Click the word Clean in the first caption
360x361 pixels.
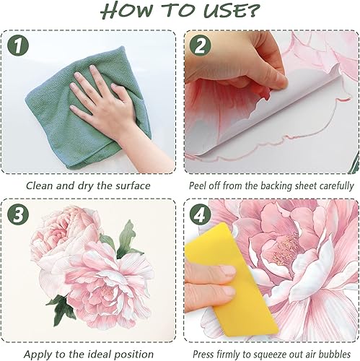[x=40, y=186]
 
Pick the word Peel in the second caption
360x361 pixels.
[x=201, y=186]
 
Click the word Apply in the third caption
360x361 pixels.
[x=39, y=354]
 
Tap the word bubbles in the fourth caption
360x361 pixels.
[x=333, y=354]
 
